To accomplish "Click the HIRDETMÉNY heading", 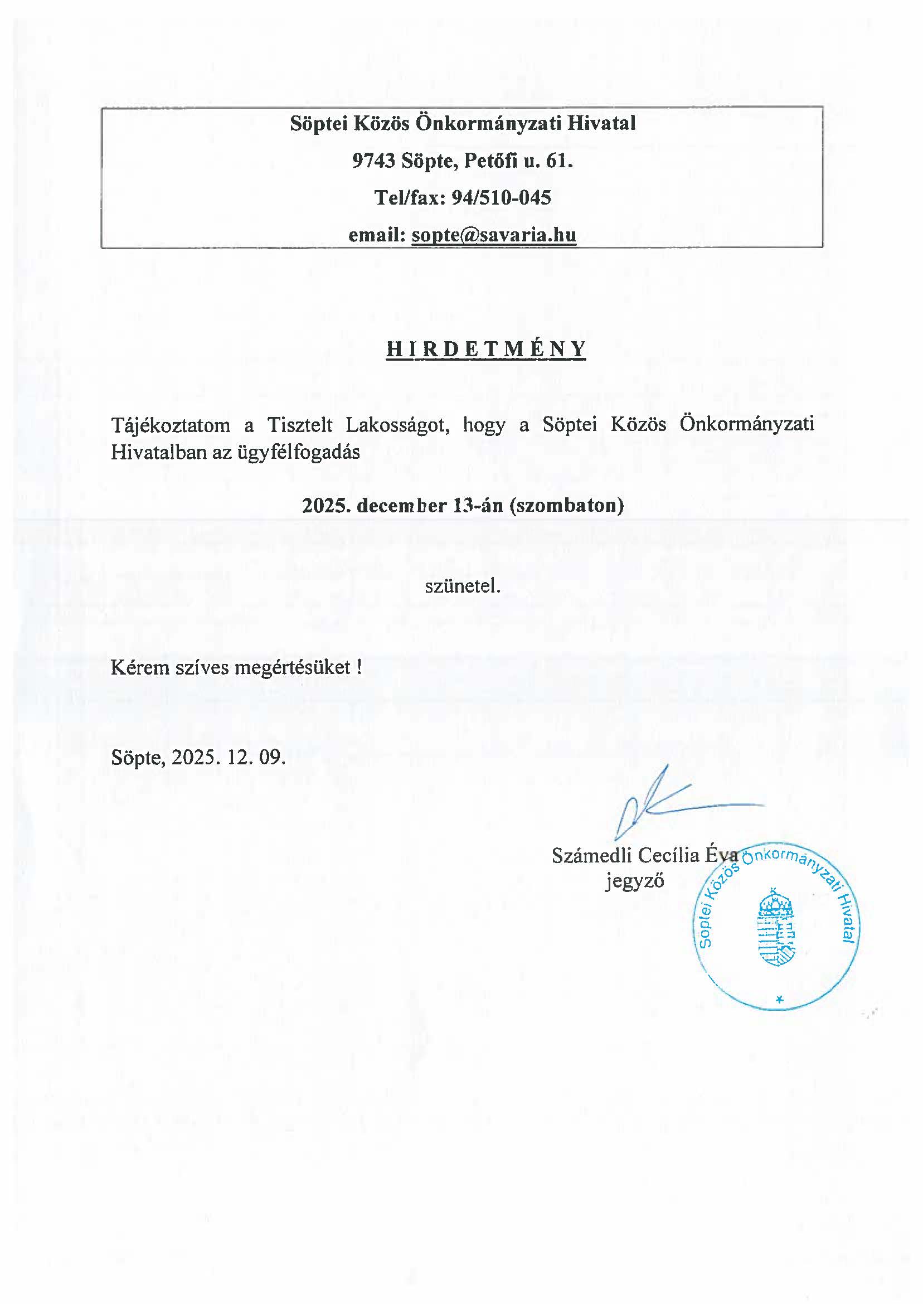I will coord(486,349).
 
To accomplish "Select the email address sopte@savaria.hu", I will coord(494,235).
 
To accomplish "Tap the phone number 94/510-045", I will coord(501,197).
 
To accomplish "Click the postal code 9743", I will coord(373,161).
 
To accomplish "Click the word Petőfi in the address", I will coord(490,161).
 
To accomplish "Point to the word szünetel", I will coord(463,586).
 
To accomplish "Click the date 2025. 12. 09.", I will coord(228,757).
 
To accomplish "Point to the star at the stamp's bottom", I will coord(779,999).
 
